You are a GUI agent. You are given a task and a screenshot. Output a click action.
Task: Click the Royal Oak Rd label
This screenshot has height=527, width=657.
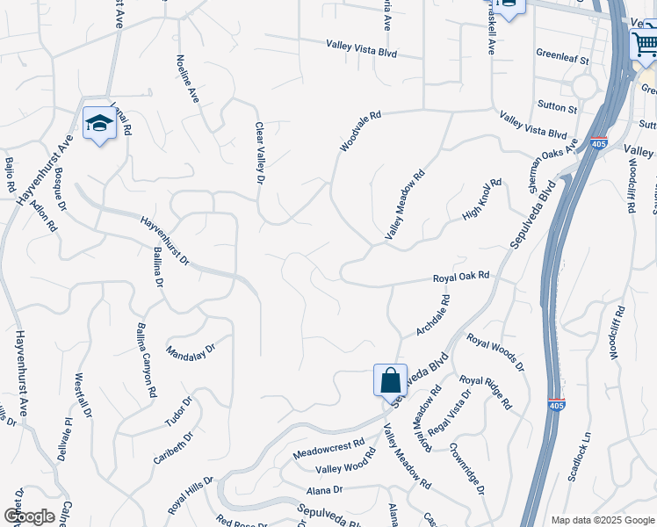(x=460, y=278)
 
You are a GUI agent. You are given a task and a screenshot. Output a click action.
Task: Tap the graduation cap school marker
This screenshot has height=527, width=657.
(x=99, y=124)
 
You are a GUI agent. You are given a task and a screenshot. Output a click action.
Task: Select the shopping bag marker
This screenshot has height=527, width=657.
(x=390, y=381)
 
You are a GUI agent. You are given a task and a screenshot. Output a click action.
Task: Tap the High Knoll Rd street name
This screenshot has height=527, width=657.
(x=480, y=200)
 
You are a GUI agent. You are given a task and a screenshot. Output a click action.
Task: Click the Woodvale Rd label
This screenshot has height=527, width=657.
(x=360, y=131)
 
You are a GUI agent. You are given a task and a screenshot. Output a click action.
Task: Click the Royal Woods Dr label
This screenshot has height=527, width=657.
(x=495, y=351)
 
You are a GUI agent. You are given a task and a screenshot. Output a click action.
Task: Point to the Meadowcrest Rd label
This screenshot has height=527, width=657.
(x=328, y=449)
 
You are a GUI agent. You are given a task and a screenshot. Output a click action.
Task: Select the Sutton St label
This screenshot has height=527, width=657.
(x=559, y=109)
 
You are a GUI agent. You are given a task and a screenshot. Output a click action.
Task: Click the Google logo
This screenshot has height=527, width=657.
(x=29, y=516)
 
